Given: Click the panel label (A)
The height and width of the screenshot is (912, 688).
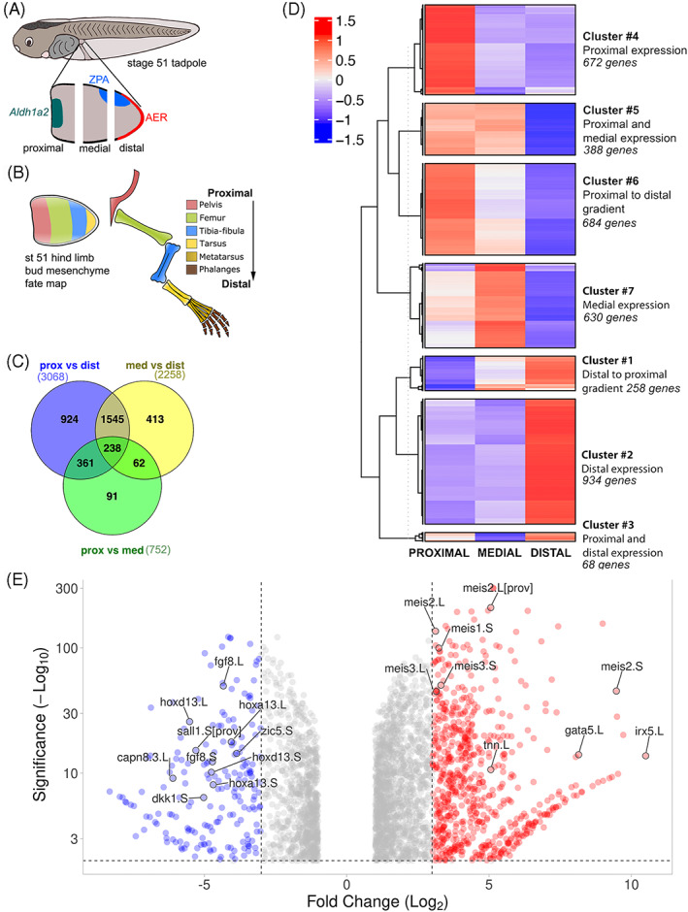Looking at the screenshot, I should click(21, 12).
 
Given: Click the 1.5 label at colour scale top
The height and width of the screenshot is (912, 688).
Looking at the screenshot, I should click(347, 19).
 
